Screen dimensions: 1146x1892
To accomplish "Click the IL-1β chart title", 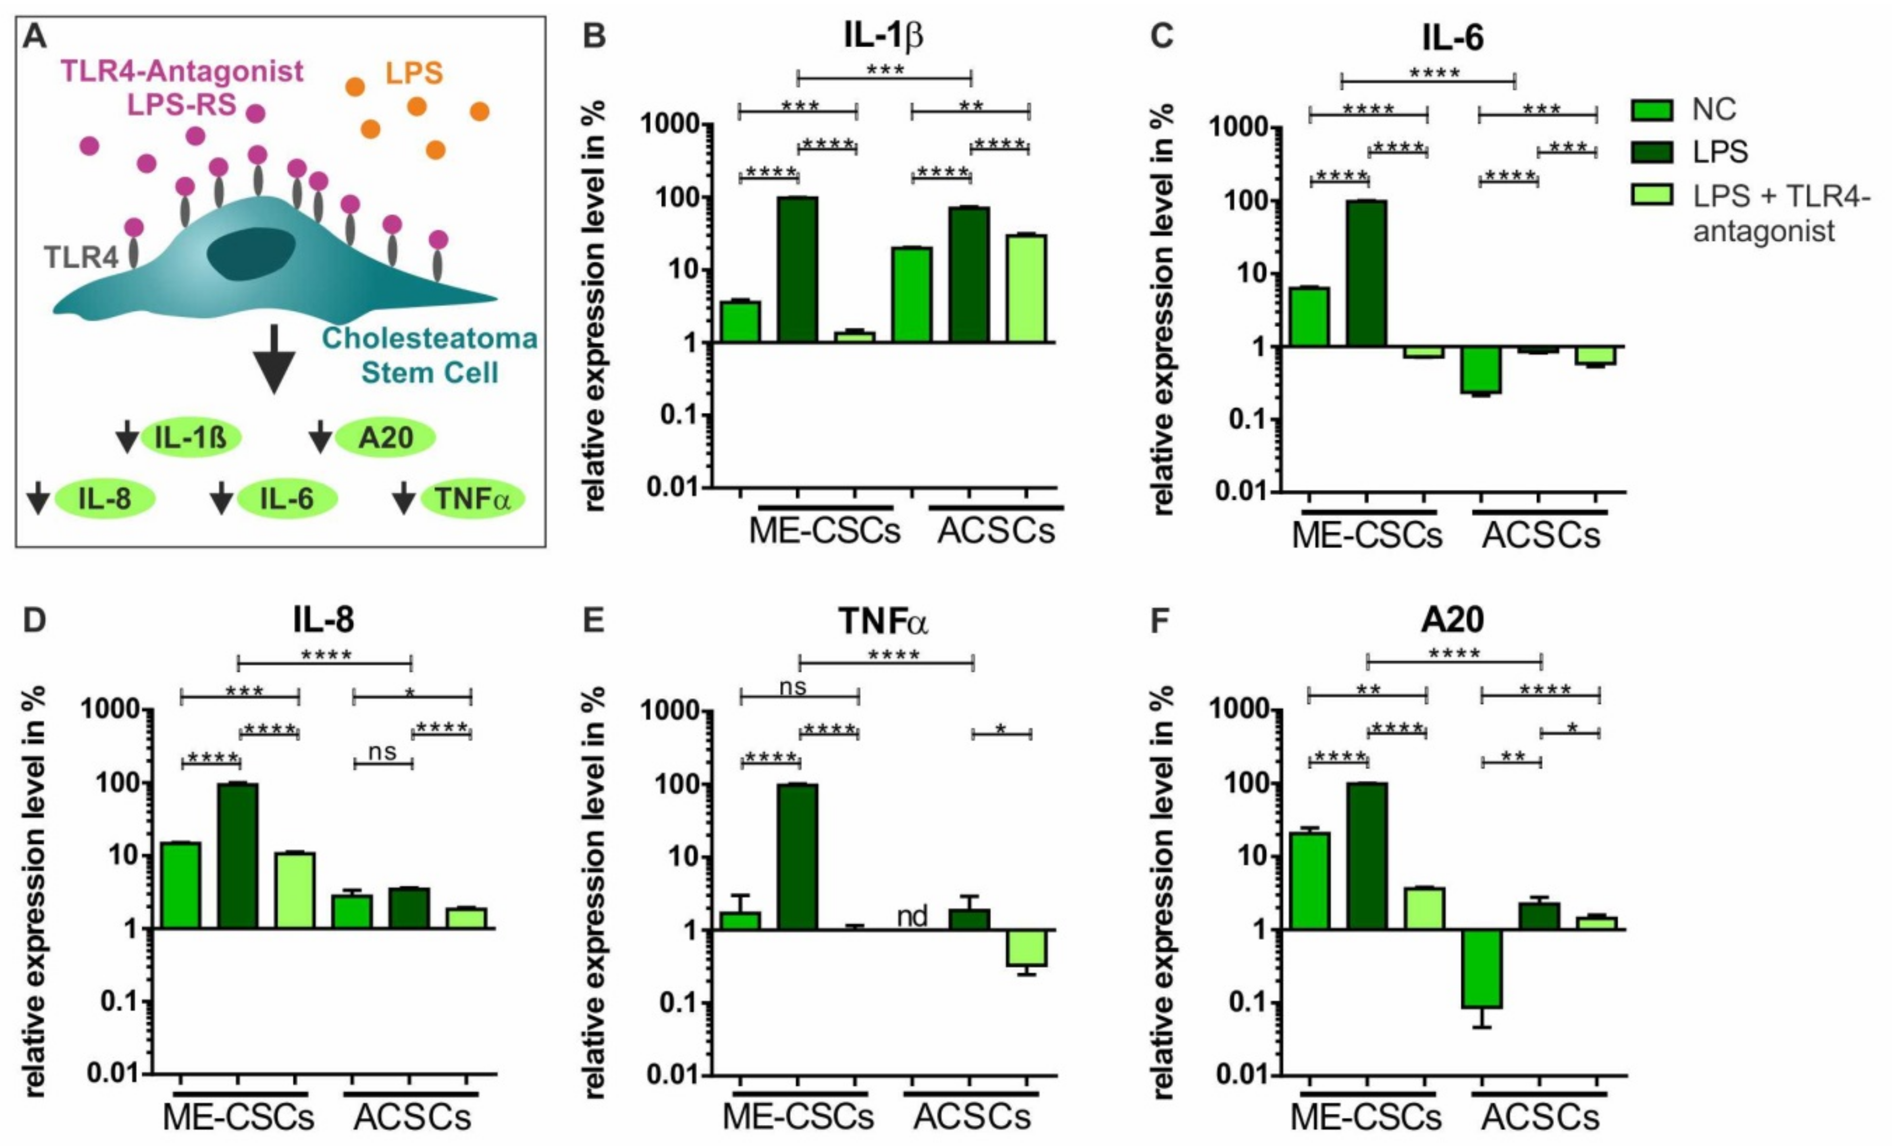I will point(883,36).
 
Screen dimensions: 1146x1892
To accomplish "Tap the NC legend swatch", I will point(1651,110).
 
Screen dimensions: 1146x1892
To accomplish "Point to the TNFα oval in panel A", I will point(472,499).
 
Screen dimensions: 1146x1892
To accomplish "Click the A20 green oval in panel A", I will point(386,437).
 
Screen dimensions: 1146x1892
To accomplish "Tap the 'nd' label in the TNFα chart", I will point(912,916).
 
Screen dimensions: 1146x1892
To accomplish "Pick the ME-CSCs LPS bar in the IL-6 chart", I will point(1367,273).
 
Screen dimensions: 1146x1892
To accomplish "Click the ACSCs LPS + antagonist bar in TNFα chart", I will point(1027,947).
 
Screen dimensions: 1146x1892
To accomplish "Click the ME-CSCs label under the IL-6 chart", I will point(1367,535).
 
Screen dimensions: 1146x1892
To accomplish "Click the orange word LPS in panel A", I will point(414,73).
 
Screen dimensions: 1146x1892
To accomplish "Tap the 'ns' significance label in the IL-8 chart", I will point(383,752).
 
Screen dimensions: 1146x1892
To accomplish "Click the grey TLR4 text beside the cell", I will point(81,257).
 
